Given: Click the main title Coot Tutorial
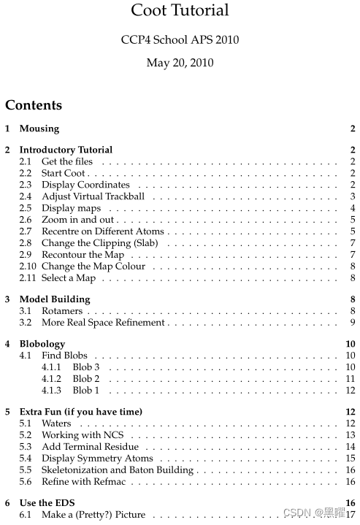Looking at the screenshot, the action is pyautogui.click(x=180, y=11).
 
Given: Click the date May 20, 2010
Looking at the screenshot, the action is pyautogui.click(x=180, y=63).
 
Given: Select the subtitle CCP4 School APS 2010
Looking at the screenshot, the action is pyautogui.click(x=180, y=39).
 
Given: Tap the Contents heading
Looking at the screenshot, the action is pyautogui.click(x=34, y=105).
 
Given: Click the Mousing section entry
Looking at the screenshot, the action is pyautogui.click(x=39, y=129).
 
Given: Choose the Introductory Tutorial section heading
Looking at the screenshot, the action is pyautogui.click(x=66, y=150).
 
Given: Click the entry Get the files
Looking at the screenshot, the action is pyautogui.click(x=67, y=161).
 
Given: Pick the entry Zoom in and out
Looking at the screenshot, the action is pyautogui.click(x=77, y=220).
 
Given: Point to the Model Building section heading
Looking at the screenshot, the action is pyautogui.click(x=55, y=299).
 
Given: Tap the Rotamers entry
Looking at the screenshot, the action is pyautogui.click(x=61, y=311).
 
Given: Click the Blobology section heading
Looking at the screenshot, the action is pyautogui.click(x=42, y=344).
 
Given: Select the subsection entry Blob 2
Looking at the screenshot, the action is pyautogui.click(x=86, y=379).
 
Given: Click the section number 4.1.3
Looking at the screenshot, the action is pyautogui.click(x=53, y=391).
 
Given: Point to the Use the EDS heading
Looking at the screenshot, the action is pyautogui.click(x=47, y=503).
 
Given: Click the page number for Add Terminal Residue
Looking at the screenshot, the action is pyautogui.click(x=351, y=447).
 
